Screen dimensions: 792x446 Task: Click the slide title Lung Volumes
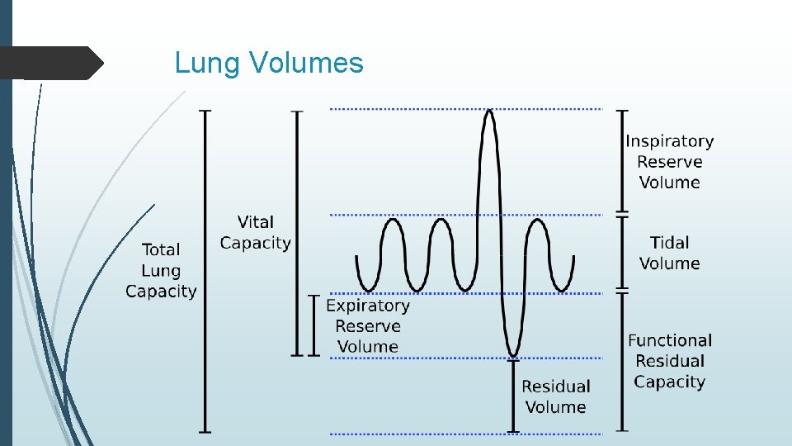[269, 63]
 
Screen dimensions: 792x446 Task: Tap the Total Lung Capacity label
[161, 270]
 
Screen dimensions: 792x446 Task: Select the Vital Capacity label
[255, 232]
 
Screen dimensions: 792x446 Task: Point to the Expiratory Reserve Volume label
[368, 326]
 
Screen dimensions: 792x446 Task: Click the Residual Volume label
[555, 396]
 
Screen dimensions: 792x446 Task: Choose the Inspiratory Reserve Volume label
[669, 162]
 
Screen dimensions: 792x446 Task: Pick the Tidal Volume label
[669, 253]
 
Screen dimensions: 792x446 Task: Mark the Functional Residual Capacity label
[669, 361]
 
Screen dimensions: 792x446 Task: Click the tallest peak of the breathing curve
[489, 112]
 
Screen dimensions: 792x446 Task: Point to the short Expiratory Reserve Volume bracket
[313, 325]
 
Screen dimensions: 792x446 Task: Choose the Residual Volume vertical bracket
[513, 395]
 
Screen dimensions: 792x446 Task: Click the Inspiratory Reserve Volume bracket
[623, 161]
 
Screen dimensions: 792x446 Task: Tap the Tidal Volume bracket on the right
[623, 254]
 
